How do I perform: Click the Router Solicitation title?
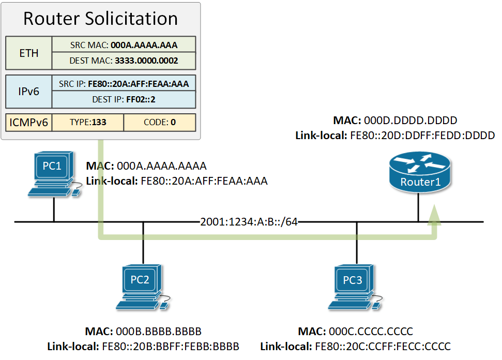click(101, 18)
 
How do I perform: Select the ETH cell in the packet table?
click(28, 53)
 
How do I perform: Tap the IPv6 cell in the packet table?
click(28, 92)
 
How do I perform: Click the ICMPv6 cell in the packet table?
click(28, 123)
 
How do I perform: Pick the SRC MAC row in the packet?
click(124, 44)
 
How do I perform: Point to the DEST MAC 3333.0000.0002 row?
click(124, 61)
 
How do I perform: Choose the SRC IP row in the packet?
click(124, 83)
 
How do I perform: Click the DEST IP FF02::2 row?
click(124, 99)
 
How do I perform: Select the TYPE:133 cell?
click(88, 123)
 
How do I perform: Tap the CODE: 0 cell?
click(160, 123)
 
